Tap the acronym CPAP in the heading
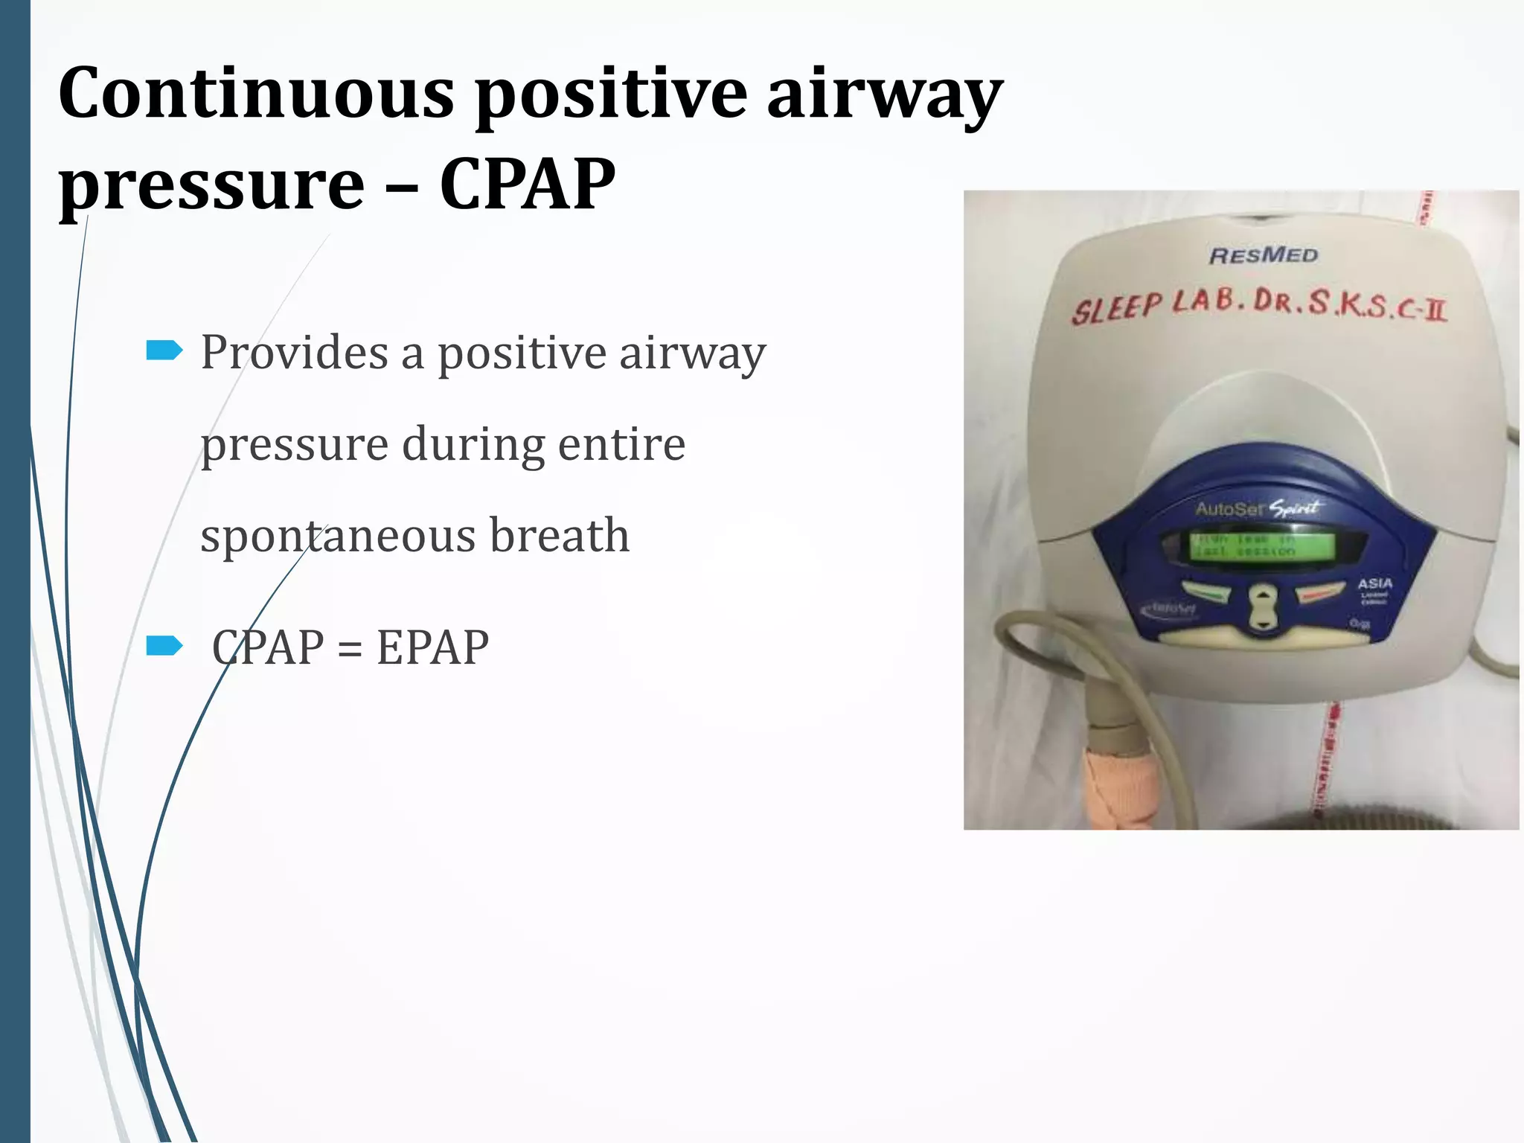point(527,184)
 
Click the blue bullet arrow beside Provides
point(164,350)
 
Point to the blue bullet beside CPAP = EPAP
point(164,645)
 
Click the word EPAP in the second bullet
point(432,647)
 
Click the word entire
point(621,444)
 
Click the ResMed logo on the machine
point(1263,255)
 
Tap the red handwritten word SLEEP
point(1115,307)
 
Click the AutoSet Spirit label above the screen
point(1258,509)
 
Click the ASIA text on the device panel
point(1374,584)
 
